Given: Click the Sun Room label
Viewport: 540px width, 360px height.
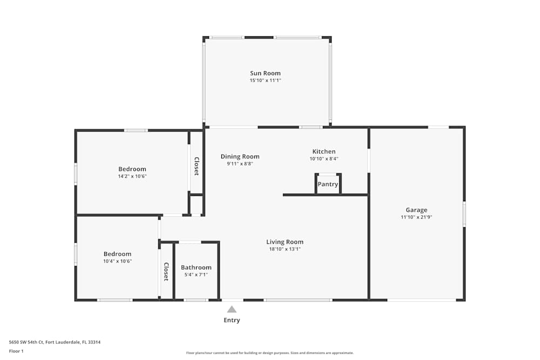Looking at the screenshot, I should point(265,73).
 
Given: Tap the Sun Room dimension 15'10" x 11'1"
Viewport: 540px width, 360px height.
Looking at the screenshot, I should point(265,80).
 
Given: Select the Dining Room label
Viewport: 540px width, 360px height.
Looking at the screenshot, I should point(240,157).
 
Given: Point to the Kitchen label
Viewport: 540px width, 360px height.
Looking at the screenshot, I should point(324,152).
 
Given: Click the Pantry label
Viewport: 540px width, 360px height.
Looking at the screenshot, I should point(328,184).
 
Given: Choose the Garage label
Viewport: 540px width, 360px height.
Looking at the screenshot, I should point(416,210).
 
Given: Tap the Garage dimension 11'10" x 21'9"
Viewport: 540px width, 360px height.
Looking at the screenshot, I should point(416,217).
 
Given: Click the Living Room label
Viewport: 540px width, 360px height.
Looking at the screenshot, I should point(285,242).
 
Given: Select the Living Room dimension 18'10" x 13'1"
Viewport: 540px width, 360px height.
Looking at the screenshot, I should point(285,249).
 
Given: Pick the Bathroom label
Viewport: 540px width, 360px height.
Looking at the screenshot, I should point(196,267).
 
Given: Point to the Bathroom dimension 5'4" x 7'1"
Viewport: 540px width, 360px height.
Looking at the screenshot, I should point(196,275).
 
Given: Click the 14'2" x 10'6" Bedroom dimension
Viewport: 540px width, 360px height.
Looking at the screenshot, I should point(132,176).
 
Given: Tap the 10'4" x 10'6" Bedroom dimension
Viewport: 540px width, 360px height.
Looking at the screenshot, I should point(117,261).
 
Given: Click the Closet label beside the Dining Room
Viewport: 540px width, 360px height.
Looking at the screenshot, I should point(197,166).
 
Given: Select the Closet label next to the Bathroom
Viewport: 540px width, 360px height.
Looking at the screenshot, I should point(166,271).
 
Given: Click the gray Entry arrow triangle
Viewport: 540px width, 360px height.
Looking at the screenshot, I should point(232,309).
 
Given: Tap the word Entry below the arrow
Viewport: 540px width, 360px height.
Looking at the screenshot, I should point(232,320).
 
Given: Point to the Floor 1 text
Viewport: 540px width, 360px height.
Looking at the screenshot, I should point(16,351).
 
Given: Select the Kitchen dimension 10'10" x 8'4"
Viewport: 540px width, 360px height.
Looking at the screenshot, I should point(324,159).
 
